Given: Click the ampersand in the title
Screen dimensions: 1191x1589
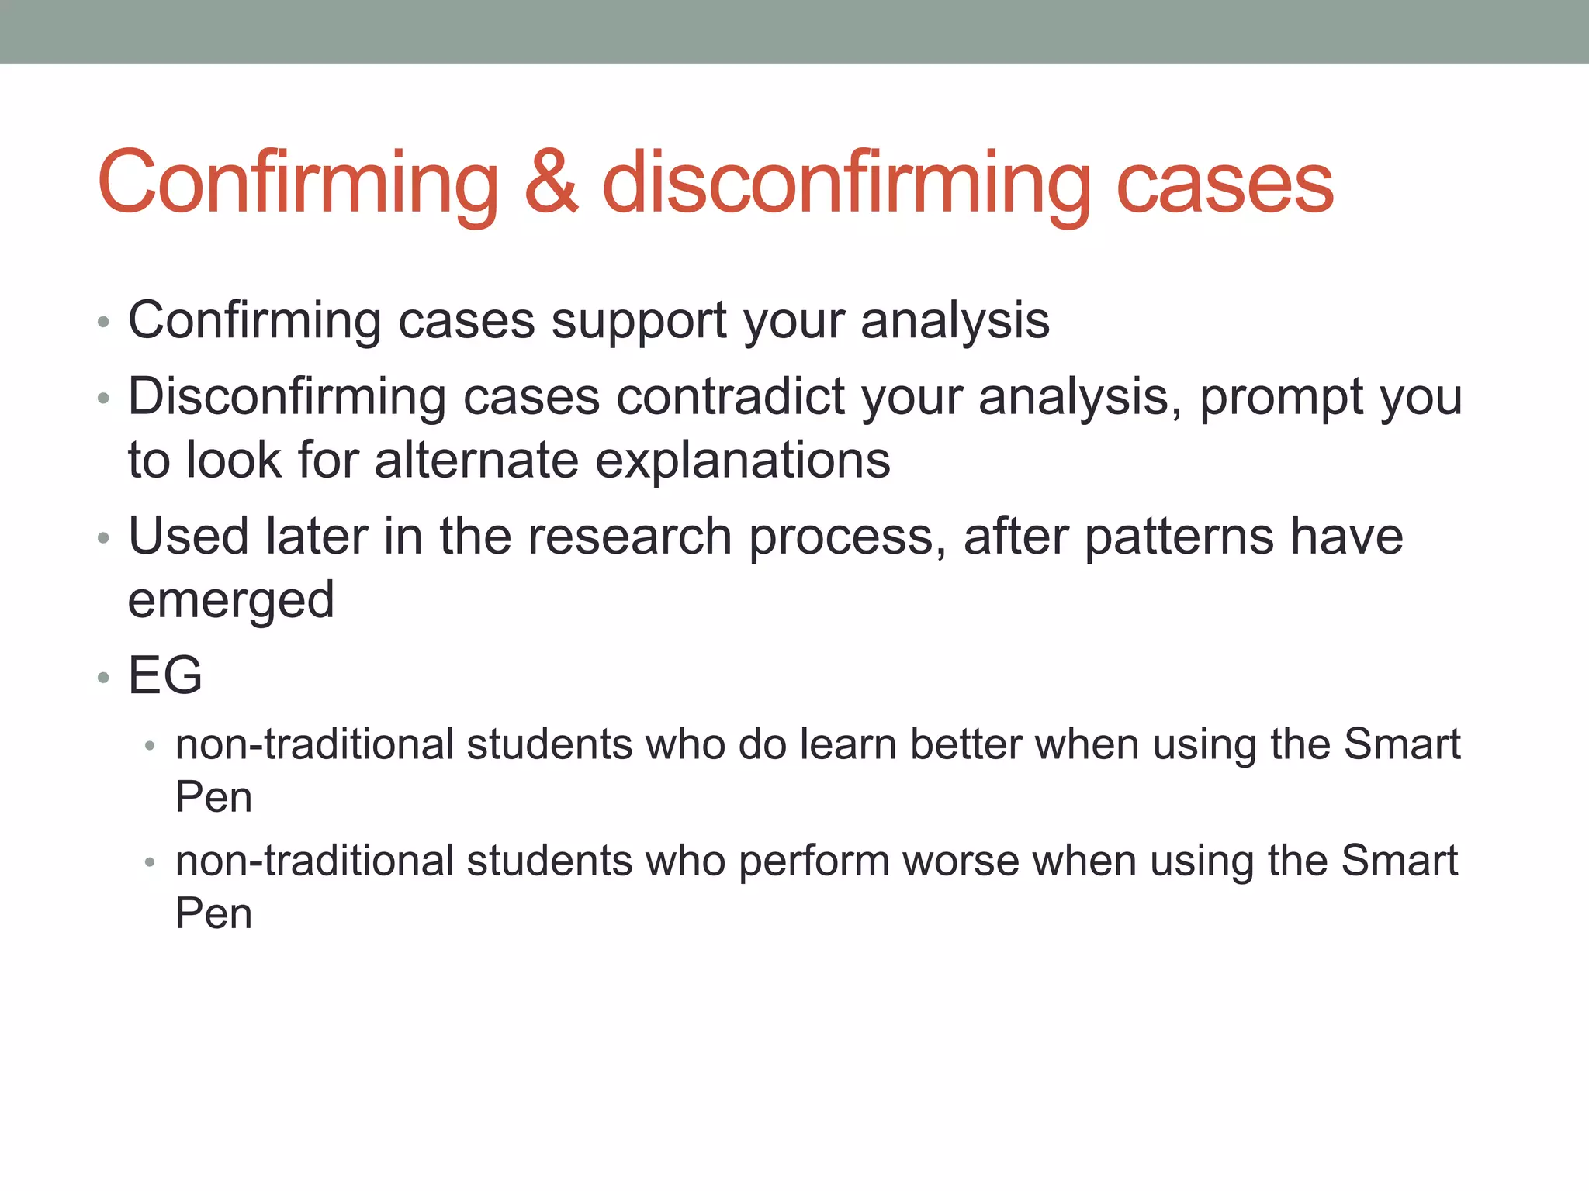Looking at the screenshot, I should click(551, 183).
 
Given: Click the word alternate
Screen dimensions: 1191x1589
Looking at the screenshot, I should click(476, 460).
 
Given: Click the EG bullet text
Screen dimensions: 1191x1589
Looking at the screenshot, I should click(165, 675).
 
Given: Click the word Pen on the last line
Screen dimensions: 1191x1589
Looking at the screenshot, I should click(213, 913).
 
